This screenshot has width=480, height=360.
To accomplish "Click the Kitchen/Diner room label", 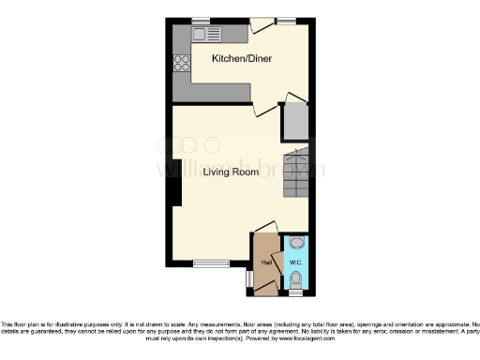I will (x=235, y=58).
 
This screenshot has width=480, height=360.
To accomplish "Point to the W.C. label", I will (x=294, y=262).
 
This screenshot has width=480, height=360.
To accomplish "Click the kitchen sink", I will (x=208, y=35).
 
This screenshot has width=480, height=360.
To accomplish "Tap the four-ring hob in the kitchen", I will (x=181, y=64).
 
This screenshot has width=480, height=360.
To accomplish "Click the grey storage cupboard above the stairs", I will (x=296, y=121).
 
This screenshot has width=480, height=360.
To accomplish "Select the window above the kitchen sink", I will (x=200, y=20).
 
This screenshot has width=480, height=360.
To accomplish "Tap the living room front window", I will (x=212, y=262).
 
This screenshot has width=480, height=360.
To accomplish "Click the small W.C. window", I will (x=296, y=292).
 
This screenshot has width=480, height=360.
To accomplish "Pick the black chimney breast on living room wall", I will (x=174, y=192).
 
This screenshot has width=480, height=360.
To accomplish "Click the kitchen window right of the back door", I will (x=286, y=20).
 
